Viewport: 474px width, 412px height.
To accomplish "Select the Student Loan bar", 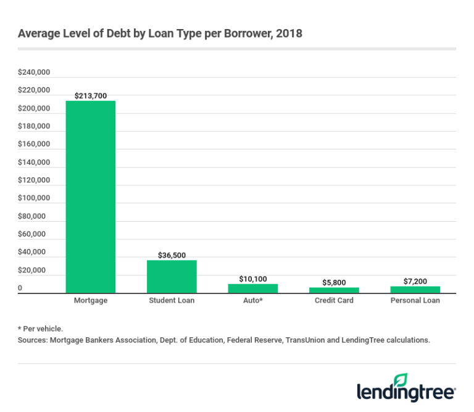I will pos(172,276).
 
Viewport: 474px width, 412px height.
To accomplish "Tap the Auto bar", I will pos(253,288).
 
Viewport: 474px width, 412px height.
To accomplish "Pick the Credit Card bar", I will pos(334,290).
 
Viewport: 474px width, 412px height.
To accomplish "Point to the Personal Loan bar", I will pos(415,289).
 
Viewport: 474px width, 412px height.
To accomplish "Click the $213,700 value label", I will pos(90,96).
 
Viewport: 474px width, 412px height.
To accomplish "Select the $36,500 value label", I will pos(172,255).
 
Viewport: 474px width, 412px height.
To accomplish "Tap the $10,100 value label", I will pos(253,279).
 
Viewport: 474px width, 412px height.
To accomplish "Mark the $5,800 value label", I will pos(334,282).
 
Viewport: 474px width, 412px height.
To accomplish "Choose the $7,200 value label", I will pos(415,281).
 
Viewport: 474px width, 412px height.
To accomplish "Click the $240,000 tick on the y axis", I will pos(34,72).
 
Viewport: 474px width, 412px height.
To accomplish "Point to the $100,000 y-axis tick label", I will pos(34,198).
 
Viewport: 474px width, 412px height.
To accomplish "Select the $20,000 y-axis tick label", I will pos(32,271).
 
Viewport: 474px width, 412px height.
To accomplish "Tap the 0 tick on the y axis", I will pos(20,288).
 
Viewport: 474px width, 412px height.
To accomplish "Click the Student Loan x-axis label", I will pos(172,301).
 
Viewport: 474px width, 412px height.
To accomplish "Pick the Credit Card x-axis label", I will pos(334,301).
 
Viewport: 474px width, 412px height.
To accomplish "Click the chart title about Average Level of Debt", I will pos(160,33).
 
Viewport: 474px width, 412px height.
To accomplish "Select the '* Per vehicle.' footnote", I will pos(41,329).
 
